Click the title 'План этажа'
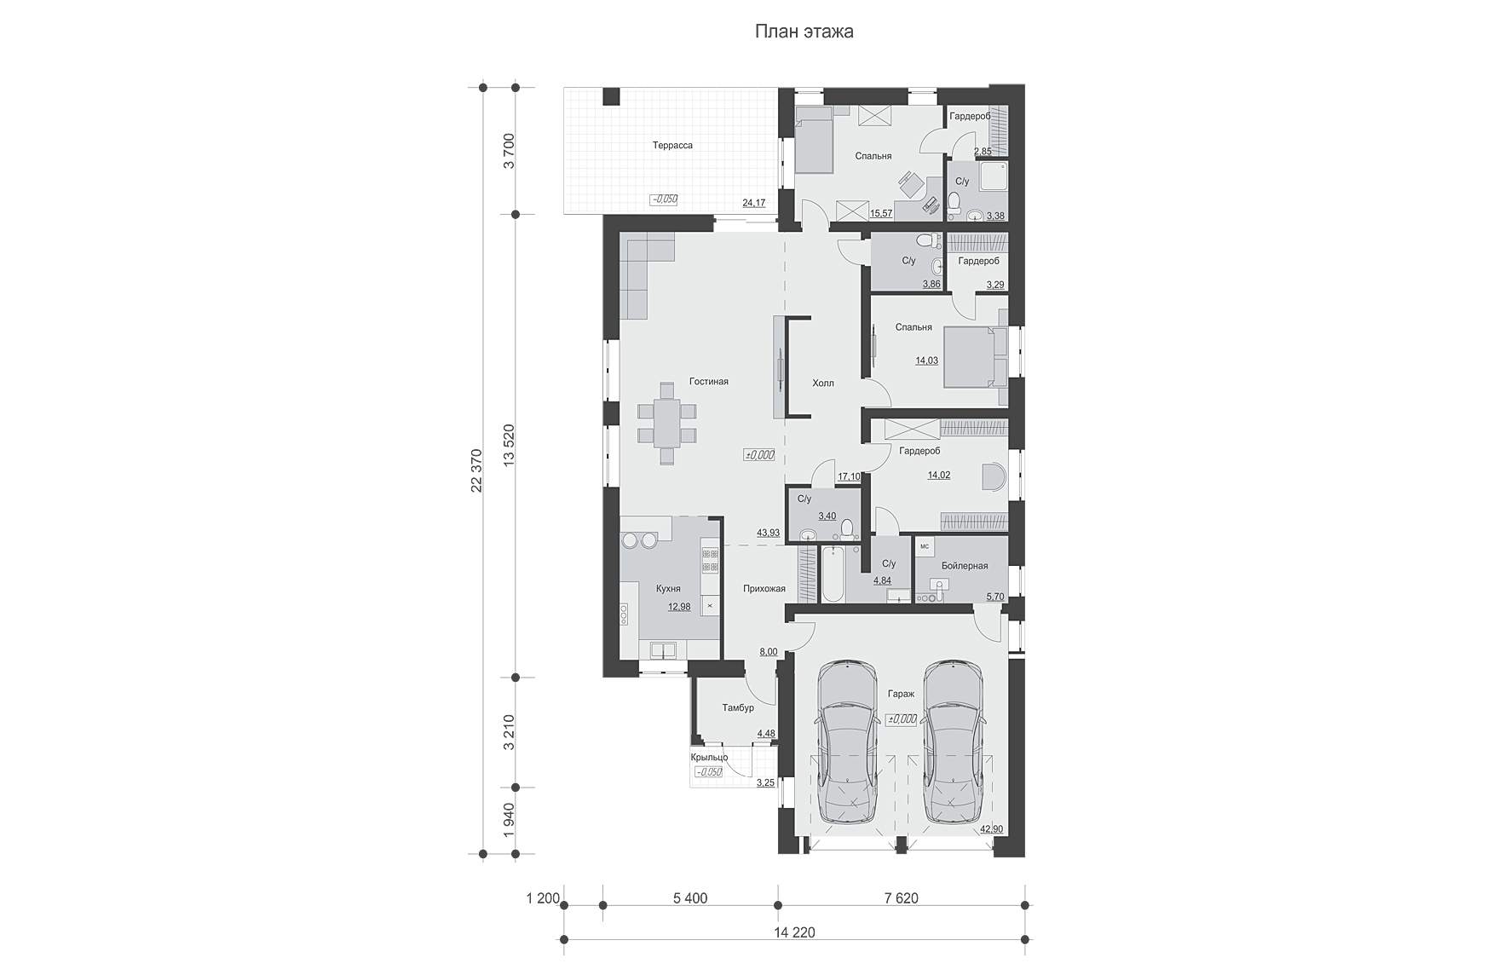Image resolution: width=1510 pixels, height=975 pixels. point(804,32)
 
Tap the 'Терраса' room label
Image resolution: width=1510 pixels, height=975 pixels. point(672,146)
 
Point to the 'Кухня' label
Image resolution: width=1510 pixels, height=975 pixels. point(668,589)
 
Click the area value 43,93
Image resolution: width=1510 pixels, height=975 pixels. point(768,533)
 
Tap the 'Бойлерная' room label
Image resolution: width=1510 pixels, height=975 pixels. point(965,566)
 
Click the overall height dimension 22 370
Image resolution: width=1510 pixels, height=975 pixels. point(476,470)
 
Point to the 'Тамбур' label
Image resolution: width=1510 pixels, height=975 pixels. point(738,708)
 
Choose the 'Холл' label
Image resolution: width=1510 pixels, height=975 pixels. point(823,384)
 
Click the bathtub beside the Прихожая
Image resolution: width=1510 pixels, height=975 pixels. point(831,574)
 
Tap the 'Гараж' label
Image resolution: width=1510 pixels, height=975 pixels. point(901,695)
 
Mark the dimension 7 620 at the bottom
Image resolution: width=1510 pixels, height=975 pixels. point(901,898)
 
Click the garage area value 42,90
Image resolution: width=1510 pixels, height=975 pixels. point(992,829)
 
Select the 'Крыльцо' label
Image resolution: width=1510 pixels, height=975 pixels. point(709,758)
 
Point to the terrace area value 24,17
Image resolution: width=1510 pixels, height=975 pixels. point(754,203)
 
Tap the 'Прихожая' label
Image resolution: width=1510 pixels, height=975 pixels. point(764,589)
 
